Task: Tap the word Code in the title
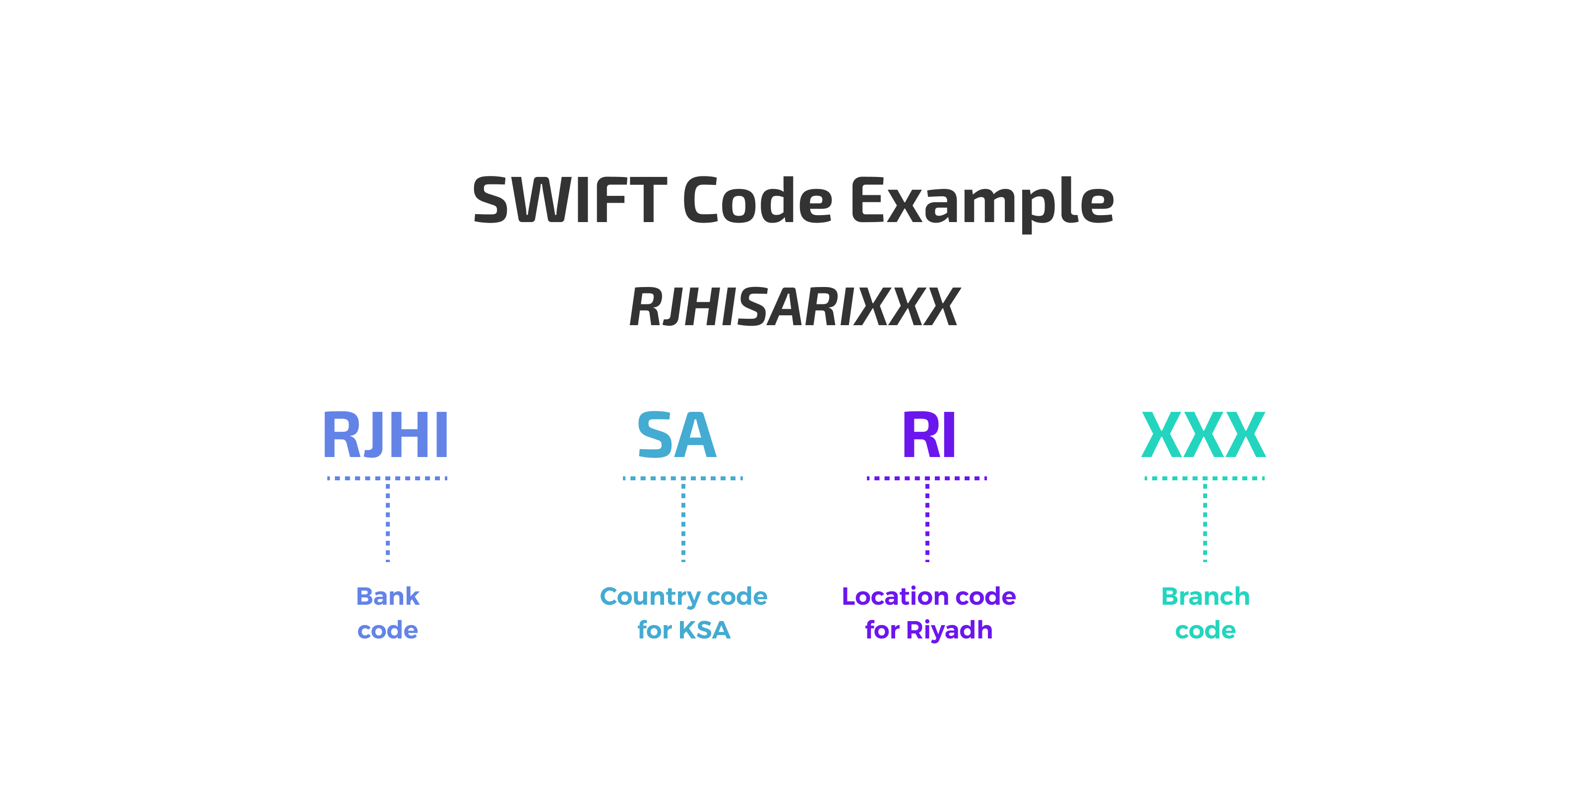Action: click(757, 200)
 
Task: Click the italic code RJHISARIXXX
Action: click(793, 307)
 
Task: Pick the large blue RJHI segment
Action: click(386, 435)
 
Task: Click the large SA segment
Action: click(676, 435)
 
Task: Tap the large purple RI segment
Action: click(928, 435)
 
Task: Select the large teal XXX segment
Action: click(1203, 435)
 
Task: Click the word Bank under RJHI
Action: click(387, 596)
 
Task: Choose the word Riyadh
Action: click(949, 630)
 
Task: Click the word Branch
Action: click(1205, 596)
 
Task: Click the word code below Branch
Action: click(1205, 630)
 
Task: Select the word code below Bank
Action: click(387, 630)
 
